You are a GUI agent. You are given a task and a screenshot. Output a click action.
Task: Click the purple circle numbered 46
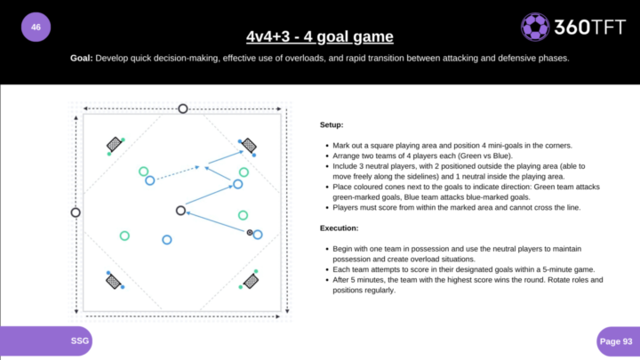[x=36, y=27]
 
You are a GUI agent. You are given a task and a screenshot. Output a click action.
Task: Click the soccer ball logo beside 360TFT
[x=535, y=27]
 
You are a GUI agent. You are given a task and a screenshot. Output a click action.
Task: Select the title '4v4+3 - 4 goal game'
[x=320, y=36]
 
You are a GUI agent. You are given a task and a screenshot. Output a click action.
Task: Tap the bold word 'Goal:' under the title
[x=82, y=58]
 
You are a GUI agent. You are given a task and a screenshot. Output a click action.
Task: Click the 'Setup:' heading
[x=332, y=125]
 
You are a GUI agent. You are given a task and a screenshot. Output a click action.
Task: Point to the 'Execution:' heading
[x=339, y=228]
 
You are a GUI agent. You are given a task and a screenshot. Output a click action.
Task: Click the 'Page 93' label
[x=616, y=341]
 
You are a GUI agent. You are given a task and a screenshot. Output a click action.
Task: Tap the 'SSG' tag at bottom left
[x=80, y=340]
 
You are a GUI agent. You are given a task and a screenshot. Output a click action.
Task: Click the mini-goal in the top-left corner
[x=115, y=144]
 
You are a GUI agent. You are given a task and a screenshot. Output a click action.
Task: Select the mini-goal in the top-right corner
[x=249, y=145]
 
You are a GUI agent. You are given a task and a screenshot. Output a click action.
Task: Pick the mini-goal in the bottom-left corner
[x=113, y=281]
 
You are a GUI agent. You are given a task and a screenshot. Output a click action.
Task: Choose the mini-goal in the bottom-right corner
[x=251, y=281]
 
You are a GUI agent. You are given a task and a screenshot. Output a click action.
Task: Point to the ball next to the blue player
[x=250, y=233]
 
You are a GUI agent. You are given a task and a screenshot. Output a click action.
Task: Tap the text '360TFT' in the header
[x=590, y=28]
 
